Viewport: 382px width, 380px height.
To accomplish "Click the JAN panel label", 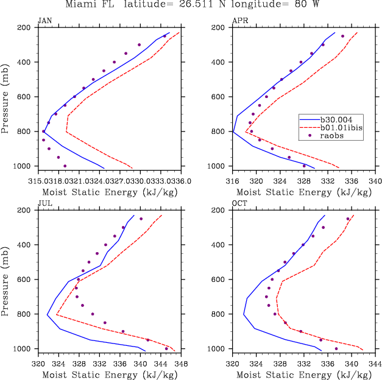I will pos(44,21).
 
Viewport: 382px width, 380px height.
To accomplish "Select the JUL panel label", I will pos(44,204).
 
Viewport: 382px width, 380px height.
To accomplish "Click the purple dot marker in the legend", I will pos(310,136).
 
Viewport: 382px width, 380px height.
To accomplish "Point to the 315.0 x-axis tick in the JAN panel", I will pos(44,181).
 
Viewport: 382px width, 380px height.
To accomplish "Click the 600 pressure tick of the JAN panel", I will pos(26,97).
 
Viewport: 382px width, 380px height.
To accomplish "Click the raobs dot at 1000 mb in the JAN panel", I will pos(65,166).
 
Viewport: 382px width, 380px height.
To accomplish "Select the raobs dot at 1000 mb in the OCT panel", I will pos(336,349).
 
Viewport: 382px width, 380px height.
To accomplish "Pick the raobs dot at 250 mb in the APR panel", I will pos(342,36).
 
